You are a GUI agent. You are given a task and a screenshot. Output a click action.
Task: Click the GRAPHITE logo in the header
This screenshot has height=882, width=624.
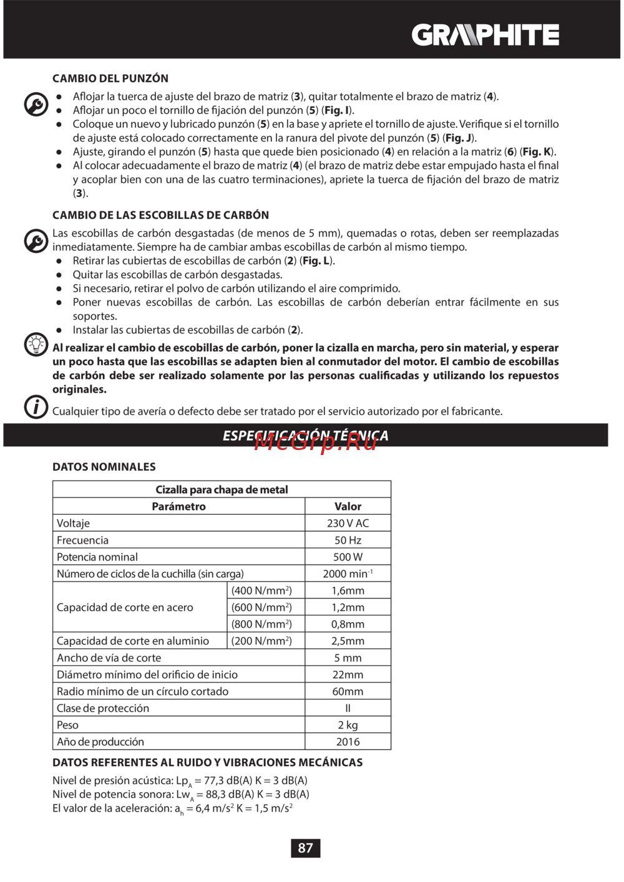pyautogui.click(x=485, y=36)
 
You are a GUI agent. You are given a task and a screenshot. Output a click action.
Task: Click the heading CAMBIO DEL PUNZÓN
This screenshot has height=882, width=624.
pyautogui.click(x=110, y=79)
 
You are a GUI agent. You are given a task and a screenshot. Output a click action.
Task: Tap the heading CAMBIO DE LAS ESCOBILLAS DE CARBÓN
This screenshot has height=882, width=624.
pyautogui.click(x=160, y=215)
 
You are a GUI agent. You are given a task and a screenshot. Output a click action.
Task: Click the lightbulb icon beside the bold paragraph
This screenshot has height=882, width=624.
pyautogui.click(x=36, y=343)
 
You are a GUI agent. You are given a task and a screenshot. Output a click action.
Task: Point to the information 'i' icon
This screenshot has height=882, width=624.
pyautogui.click(x=36, y=407)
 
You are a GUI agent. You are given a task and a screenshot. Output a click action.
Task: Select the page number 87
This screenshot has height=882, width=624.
pyautogui.click(x=305, y=848)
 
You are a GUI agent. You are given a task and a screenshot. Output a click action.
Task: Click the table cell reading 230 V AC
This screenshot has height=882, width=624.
pyautogui.click(x=348, y=523)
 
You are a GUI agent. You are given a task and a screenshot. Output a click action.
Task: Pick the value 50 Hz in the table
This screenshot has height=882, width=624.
pyautogui.click(x=348, y=540)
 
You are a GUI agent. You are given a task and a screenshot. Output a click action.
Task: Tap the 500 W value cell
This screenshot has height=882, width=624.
pyautogui.click(x=348, y=557)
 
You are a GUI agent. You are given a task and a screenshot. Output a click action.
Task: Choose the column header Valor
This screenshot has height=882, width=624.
pyautogui.click(x=348, y=506)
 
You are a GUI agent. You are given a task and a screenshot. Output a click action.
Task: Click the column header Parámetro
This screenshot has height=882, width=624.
pyautogui.click(x=178, y=506)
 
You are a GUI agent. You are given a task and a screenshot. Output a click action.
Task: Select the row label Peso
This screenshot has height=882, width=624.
pyautogui.click(x=67, y=725)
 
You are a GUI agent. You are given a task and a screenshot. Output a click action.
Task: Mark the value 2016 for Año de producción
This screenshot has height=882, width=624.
pyautogui.click(x=348, y=742)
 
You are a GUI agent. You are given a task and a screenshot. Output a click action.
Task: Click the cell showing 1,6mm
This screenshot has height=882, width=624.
pyautogui.click(x=348, y=590)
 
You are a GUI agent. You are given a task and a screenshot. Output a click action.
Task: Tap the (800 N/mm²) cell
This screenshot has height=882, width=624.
pyautogui.click(x=261, y=624)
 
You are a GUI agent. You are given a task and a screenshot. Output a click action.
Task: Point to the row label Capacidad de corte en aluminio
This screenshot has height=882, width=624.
pyautogui.click(x=133, y=641)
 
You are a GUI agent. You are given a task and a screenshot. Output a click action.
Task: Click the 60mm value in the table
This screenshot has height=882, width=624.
pyautogui.click(x=348, y=691)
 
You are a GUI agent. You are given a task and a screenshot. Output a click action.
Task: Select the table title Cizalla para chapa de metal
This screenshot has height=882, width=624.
pyautogui.click(x=222, y=489)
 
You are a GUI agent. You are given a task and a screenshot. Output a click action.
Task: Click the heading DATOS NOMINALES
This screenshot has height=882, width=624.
pyautogui.click(x=104, y=467)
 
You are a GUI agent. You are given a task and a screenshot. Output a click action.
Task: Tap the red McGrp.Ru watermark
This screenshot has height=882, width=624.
pyautogui.click(x=316, y=441)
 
